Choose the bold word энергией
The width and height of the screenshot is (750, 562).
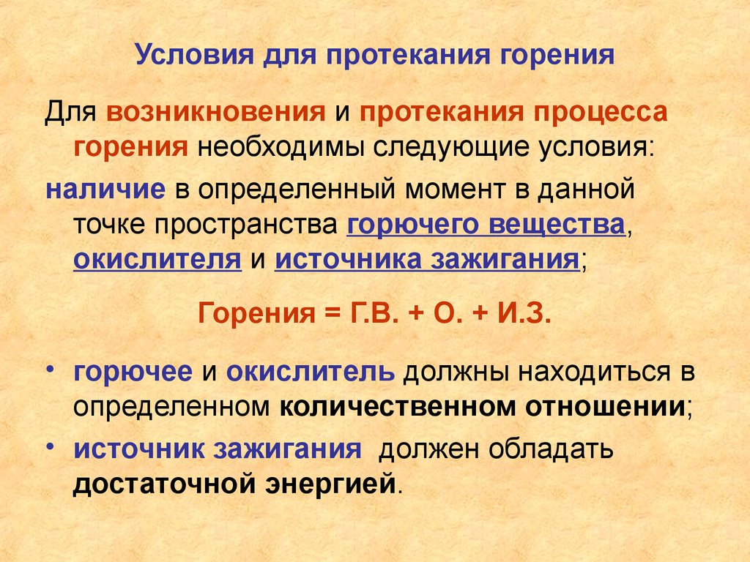(x=338, y=484)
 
